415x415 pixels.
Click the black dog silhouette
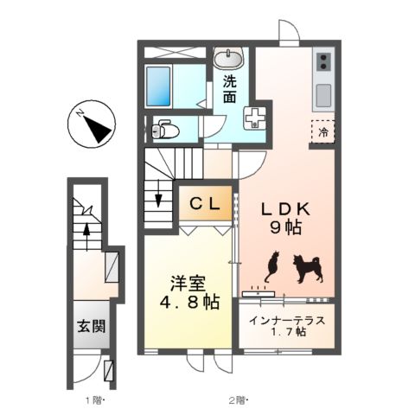pyautogui.click(x=304, y=268)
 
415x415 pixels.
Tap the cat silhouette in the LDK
pyautogui.click(x=271, y=265)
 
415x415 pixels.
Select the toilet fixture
pyautogui.click(x=164, y=131)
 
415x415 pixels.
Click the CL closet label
pyautogui.click(x=206, y=204)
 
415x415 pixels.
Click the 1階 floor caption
pyautogui.click(x=93, y=399)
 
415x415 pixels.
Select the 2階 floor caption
pyautogui.click(x=239, y=399)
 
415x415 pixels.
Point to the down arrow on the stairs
pyautogui.click(x=158, y=198)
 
